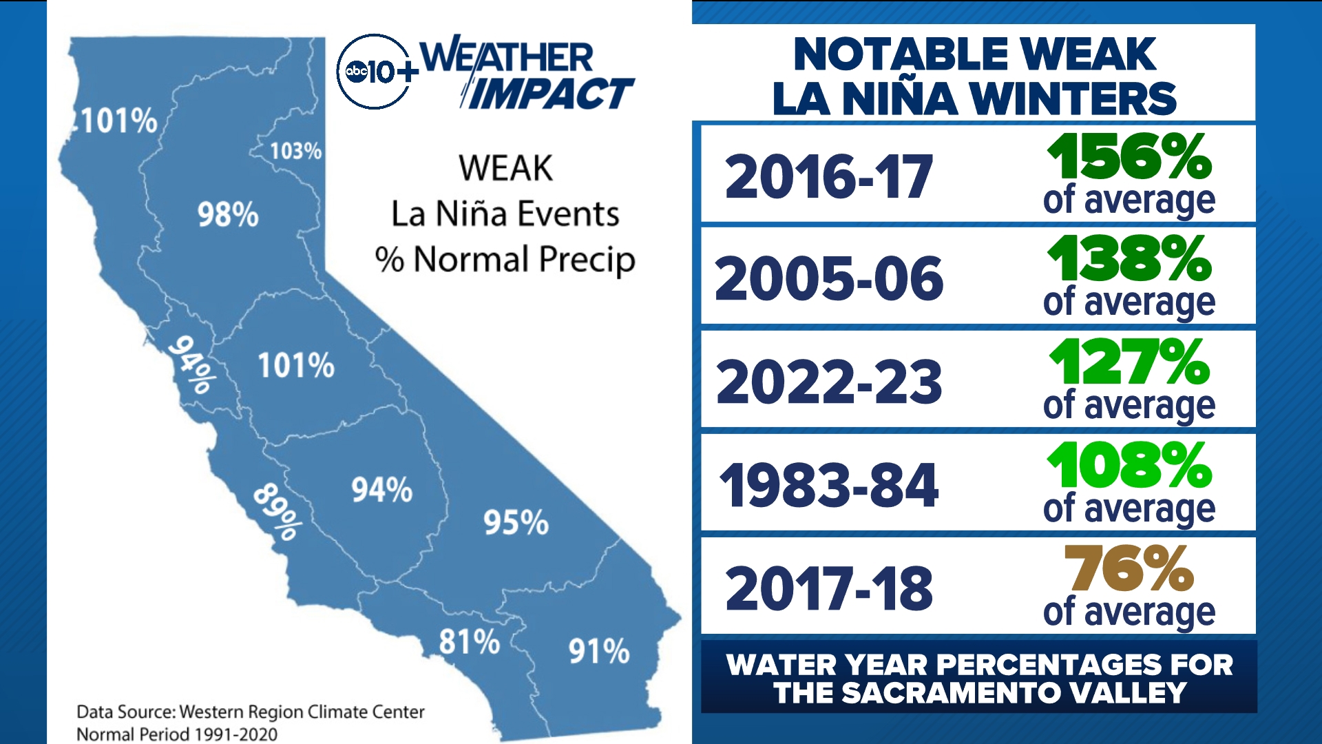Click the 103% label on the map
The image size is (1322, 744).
pyautogui.click(x=295, y=151)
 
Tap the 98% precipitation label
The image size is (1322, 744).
pyautogui.click(x=228, y=215)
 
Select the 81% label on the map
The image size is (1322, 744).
pyautogui.click(x=470, y=642)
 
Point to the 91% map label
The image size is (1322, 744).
pyautogui.click(x=598, y=651)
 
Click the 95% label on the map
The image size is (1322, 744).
pyautogui.click(x=516, y=523)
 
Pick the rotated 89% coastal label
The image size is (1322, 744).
pyautogui.click(x=277, y=512)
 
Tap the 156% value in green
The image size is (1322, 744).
pyautogui.click(x=1129, y=157)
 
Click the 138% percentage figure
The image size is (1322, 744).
pyautogui.click(x=1129, y=259)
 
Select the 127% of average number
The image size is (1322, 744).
pyautogui.click(x=1129, y=362)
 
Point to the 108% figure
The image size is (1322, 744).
pyautogui.click(x=1129, y=466)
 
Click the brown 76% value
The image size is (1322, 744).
pyautogui.click(x=1129, y=568)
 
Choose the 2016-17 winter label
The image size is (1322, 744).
pyautogui.click(x=829, y=177)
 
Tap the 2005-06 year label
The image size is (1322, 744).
pyautogui.click(x=829, y=279)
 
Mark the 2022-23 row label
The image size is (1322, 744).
pyautogui.click(x=829, y=382)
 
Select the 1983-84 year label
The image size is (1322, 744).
pyautogui.click(x=829, y=486)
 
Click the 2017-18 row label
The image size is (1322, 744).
pyautogui.click(x=829, y=589)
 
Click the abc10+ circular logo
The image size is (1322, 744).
pyautogui.click(x=374, y=72)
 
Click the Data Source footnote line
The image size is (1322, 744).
pyautogui.click(x=251, y=712)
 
